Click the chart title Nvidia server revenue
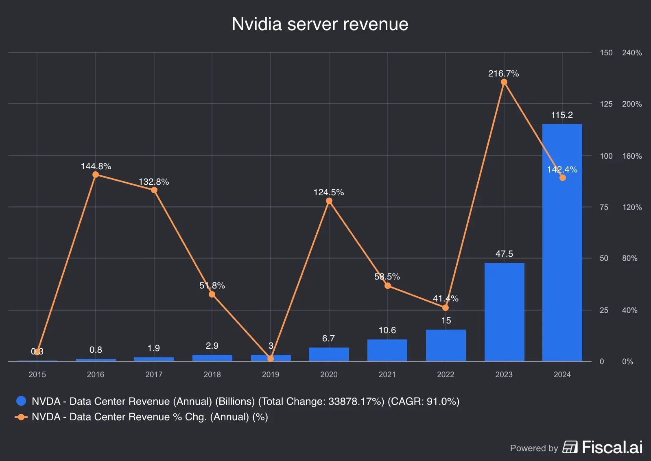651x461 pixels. tap(320, 24)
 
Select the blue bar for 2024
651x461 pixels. tap(562, 244)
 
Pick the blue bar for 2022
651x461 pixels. tap(446, 345)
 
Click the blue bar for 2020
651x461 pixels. tap(329, 354)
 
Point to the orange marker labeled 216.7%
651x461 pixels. tap(504, 82)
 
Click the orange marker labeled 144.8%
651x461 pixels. tap(96, 175)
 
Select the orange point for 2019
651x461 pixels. tap(271, 359)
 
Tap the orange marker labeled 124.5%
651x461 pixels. tap(329, 201)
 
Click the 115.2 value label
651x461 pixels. tap(562, 115)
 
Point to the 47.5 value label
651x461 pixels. tap(504, 254)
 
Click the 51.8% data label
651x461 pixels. tap(212, 286)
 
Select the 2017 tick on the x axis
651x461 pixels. tap(154, 374)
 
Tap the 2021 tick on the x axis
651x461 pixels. tap(387, 374)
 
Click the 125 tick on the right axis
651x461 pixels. tap(606, 104)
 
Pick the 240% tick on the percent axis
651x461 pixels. tap(631, 53)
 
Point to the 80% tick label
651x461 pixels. tap(629, 258)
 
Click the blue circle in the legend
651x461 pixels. tap(21, 401)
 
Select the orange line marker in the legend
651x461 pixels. tap(21, 417)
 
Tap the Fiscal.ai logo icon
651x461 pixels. tap(570, 447)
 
